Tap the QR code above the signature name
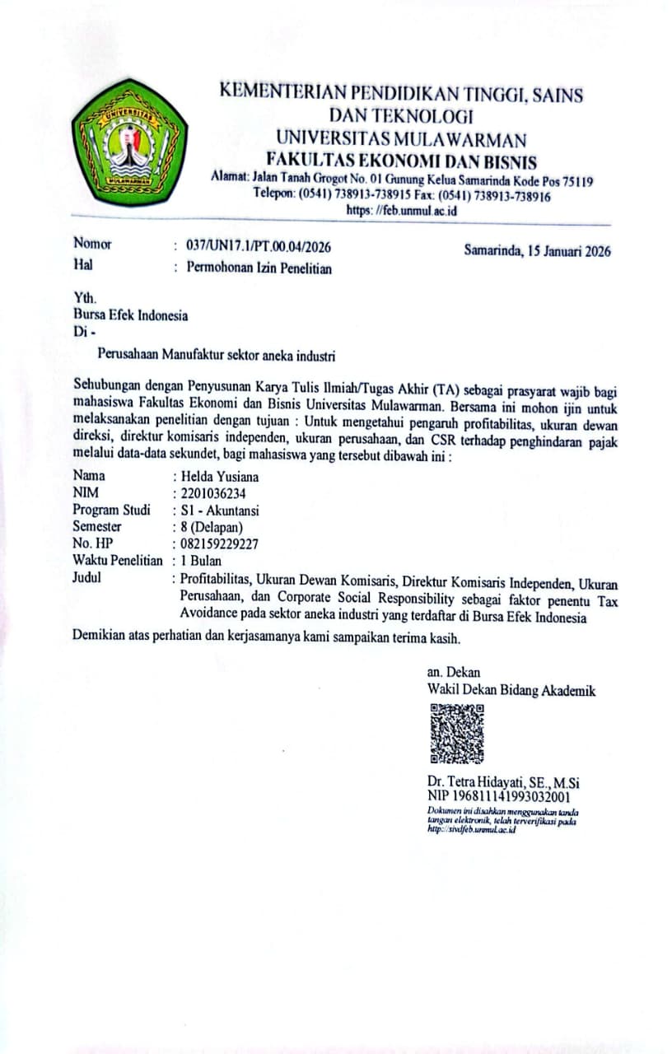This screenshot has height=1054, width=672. pyautogui.click(x=456, y=734)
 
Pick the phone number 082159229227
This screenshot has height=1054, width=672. pyautogui.click(x=219, y=543)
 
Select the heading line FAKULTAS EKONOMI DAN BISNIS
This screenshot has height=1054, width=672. pyautogui.click(x=401, y=161)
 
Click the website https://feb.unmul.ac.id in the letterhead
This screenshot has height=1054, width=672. pyautogui.click(x=401, y=211)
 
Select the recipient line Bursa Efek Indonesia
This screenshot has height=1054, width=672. pyautogui.click(x=130, y=315)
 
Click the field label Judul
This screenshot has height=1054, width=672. pyautogui.click(x=87, y=577)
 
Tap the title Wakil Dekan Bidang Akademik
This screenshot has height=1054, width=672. pyautogui.click(x=511, y=690)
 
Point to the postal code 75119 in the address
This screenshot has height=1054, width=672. pyautogui.click(x=577, y=181)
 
